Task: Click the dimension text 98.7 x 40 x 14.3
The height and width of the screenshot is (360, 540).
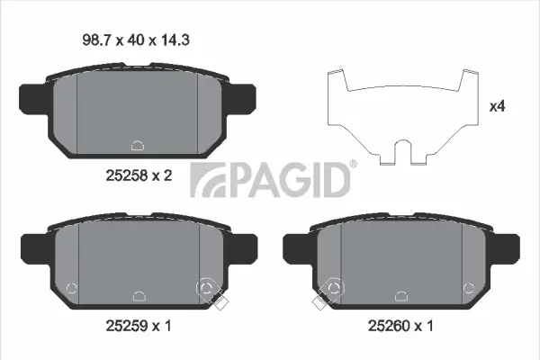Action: click(x=136, y=40)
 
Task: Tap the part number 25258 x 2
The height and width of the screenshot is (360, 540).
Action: click(x=139, y=176)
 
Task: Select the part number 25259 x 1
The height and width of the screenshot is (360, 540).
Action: click(x=139, y=326)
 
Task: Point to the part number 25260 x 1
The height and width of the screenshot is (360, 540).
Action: click(x=400, y=326)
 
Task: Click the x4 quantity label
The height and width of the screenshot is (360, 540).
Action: click(x=498, y=106)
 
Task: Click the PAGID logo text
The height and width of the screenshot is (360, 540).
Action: click(x=270, y=180)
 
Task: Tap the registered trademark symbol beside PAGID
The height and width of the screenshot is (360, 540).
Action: click(x=354, y=164)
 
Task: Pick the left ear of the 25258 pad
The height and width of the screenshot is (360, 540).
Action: click(x=32, y=99)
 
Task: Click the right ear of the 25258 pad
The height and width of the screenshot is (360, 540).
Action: click(x=241, y=99)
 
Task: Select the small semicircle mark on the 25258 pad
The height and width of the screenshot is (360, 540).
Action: click(x=138, y=146)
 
